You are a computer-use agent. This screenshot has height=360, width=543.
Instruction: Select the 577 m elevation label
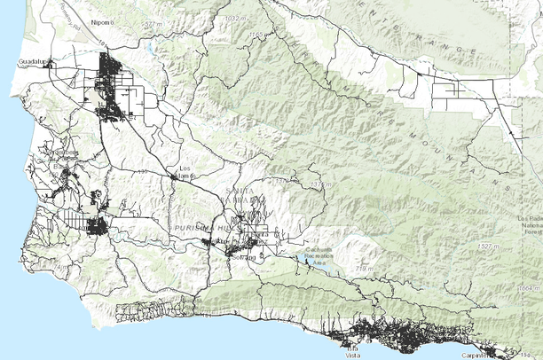coord(152,24)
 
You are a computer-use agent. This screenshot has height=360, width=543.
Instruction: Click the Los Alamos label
coord(186,171)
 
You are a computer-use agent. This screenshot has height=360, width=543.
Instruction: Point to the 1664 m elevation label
coord(529,288)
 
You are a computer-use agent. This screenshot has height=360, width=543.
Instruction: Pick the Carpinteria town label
coord(477,354)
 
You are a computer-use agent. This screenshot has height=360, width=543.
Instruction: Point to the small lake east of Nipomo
coord(152,48)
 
